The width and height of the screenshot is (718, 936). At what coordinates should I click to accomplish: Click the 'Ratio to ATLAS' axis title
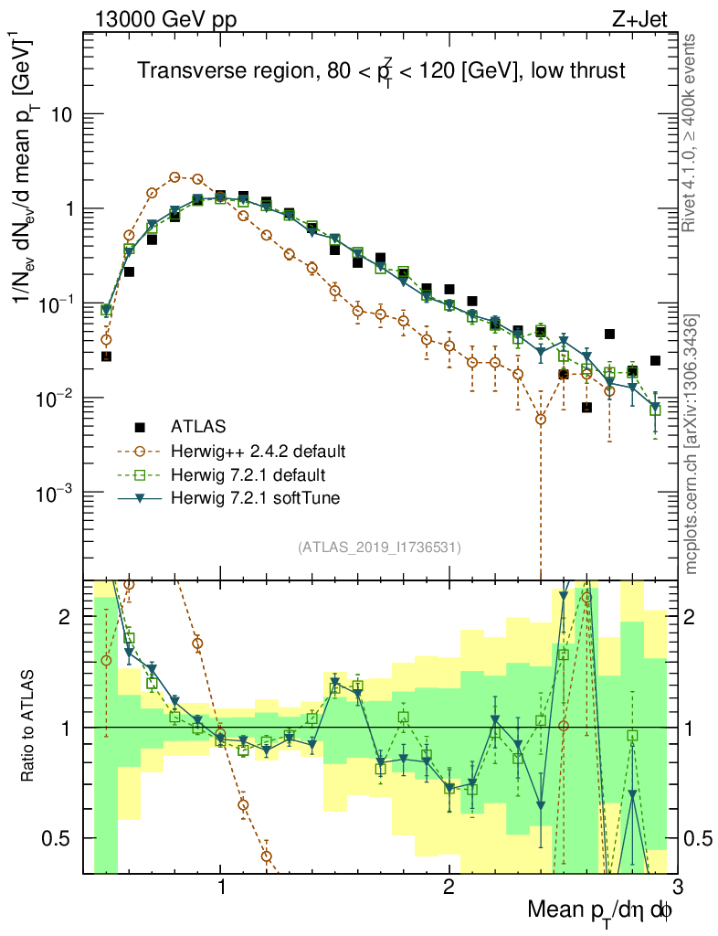29,728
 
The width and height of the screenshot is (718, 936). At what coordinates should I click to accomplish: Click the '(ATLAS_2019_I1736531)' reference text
379,548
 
